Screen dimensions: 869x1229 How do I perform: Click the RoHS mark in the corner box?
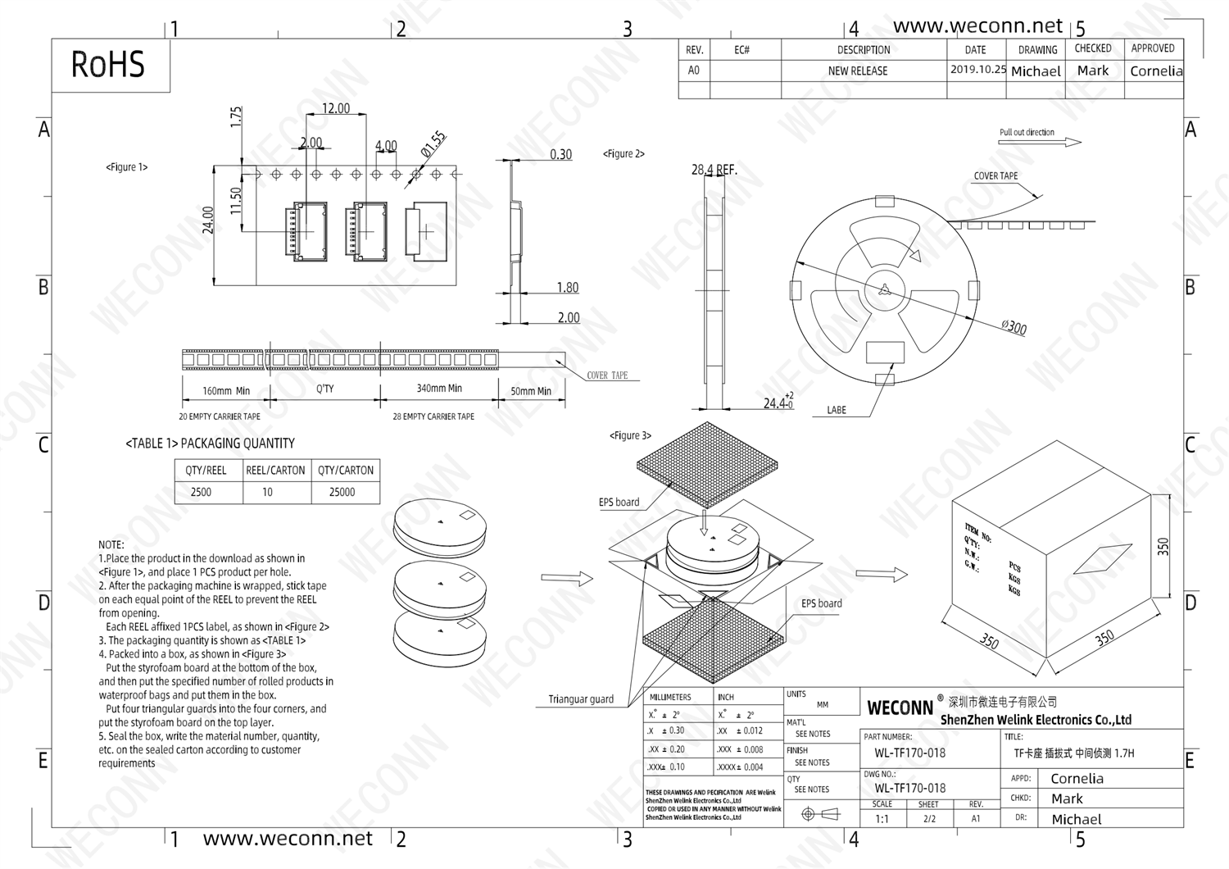108,65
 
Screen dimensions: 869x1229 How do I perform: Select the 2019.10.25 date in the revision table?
977,70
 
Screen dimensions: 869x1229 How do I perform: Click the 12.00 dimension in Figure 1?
335,108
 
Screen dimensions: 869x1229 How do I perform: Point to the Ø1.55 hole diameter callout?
433,143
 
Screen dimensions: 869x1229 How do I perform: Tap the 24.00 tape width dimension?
208,220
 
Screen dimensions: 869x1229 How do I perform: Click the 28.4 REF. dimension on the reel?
714,170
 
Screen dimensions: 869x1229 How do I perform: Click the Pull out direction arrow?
1063,142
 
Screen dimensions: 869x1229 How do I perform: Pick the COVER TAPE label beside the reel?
995,176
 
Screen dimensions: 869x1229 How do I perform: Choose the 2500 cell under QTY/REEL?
201,492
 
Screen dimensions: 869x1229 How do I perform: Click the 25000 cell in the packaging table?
342,492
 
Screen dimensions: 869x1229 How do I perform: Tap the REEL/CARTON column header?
275,471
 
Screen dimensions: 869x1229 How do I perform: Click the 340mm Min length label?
439,389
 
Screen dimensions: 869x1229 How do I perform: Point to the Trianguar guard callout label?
581,699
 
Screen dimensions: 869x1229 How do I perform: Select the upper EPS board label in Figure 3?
619,503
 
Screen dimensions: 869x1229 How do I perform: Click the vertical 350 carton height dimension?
1163,547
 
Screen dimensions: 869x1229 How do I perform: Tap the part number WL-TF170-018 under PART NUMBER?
909,753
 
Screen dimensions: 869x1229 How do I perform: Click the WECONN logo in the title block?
900,707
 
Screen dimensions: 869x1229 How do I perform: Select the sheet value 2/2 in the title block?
929,818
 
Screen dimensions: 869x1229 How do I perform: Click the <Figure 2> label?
624,153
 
